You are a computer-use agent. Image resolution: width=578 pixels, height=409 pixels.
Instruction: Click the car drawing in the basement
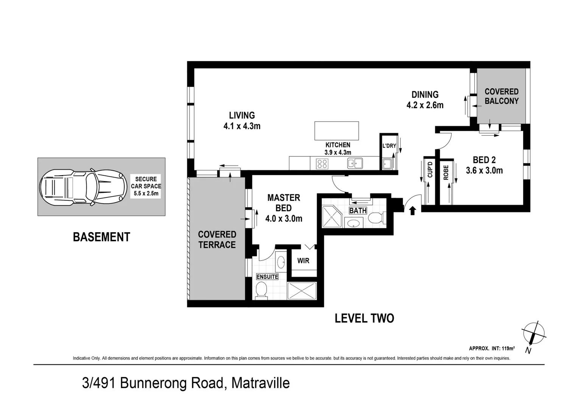83,187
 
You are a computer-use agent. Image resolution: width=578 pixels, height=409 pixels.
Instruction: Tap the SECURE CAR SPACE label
146,186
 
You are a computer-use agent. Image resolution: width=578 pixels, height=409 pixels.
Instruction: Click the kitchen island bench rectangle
336,131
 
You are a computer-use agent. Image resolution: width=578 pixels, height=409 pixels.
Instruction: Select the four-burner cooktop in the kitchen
322,164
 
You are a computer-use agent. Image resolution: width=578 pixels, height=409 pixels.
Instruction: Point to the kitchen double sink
355,163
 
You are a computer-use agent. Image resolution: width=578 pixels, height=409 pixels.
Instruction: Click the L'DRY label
389,146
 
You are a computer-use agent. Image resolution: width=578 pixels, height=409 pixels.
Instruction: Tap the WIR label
303,261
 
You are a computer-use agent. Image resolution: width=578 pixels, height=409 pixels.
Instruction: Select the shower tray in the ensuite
301,291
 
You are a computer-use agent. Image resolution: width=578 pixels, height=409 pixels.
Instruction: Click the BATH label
357,211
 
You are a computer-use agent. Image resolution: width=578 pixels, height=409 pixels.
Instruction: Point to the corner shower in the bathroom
332,217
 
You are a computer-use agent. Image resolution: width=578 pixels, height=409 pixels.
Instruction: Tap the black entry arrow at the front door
413,211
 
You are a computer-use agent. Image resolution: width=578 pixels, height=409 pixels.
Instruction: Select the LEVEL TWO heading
364,318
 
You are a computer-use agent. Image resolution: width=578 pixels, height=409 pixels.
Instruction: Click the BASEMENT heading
101,237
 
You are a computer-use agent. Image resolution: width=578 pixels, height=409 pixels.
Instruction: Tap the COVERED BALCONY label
501,96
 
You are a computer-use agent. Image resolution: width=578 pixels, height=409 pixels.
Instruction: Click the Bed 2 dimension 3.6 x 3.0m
484,170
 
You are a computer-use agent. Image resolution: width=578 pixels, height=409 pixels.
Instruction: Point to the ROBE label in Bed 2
446,173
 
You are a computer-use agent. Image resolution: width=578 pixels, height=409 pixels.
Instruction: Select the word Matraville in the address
260,383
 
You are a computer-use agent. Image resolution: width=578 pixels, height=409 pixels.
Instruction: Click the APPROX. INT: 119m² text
491,348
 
